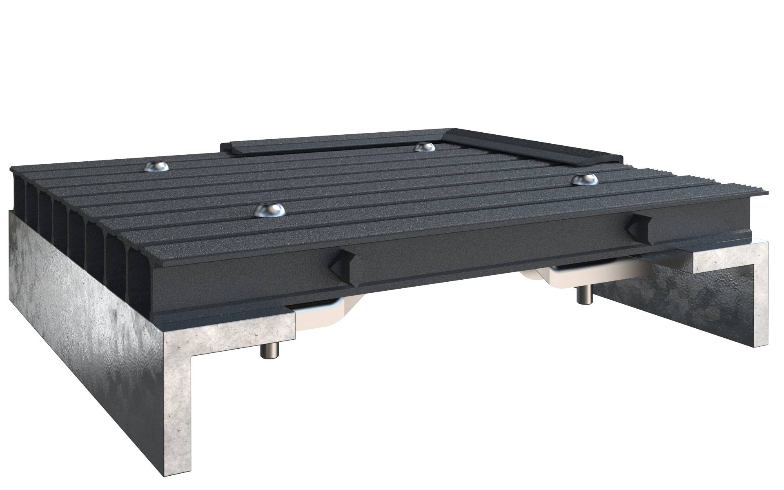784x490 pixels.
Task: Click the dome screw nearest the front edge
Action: pos(269,210)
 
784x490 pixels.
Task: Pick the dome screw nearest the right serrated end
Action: pos(585,179)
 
